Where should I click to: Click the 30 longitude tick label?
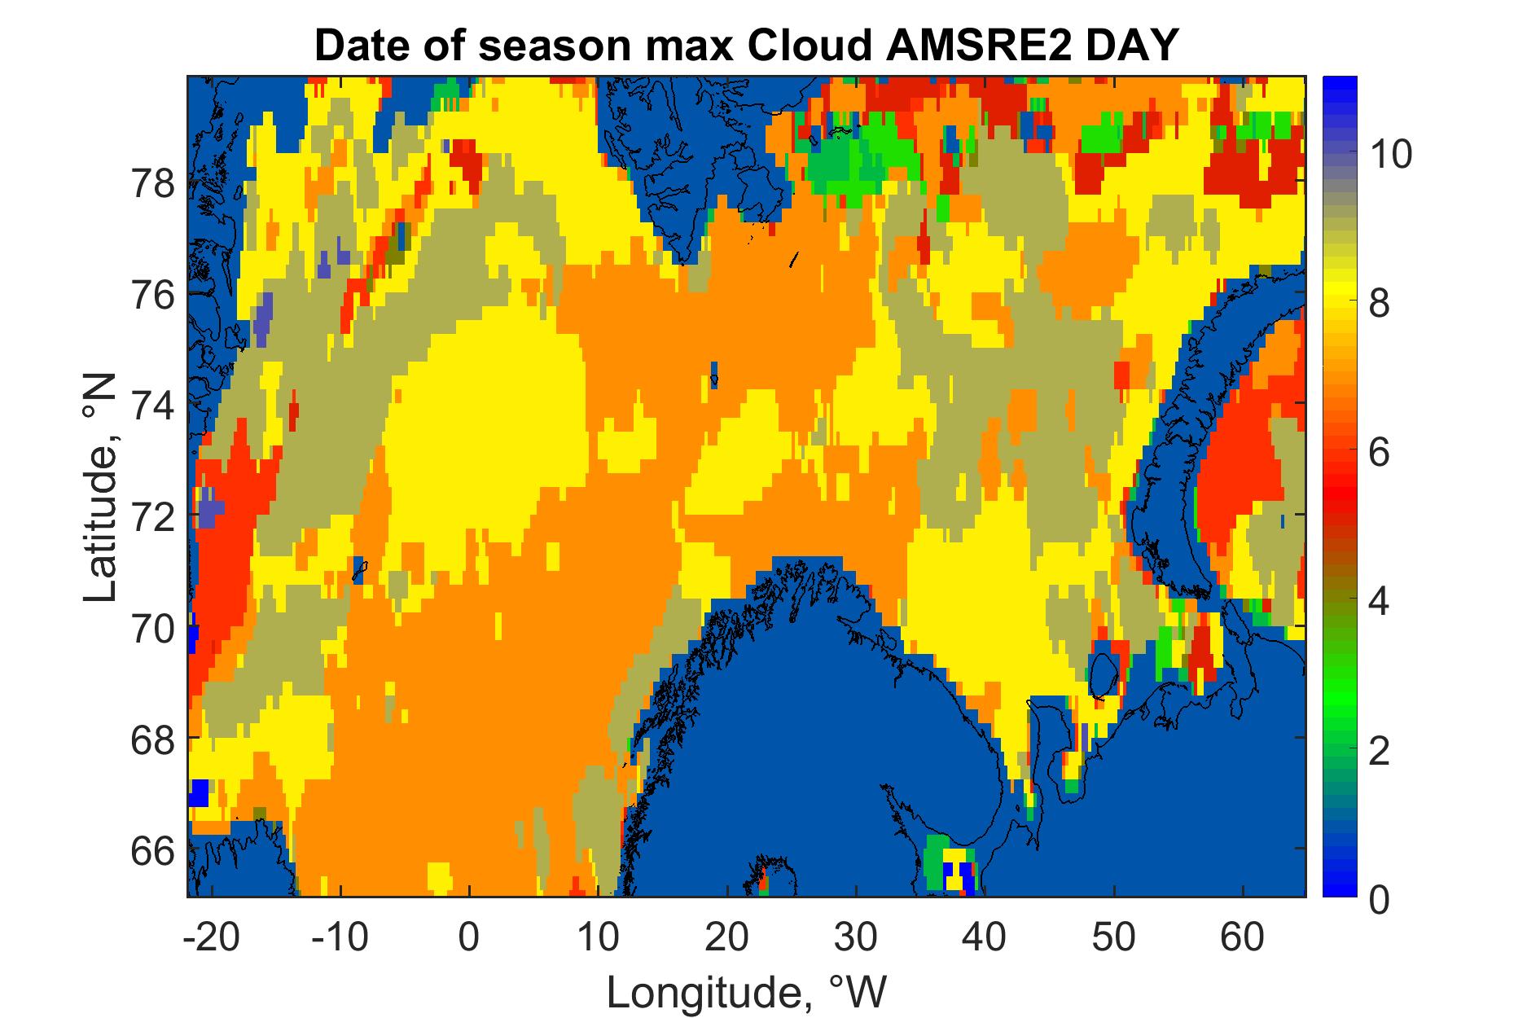[856, 939]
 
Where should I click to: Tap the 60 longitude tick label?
[1244, 939]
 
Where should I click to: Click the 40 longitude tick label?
[985, 939]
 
